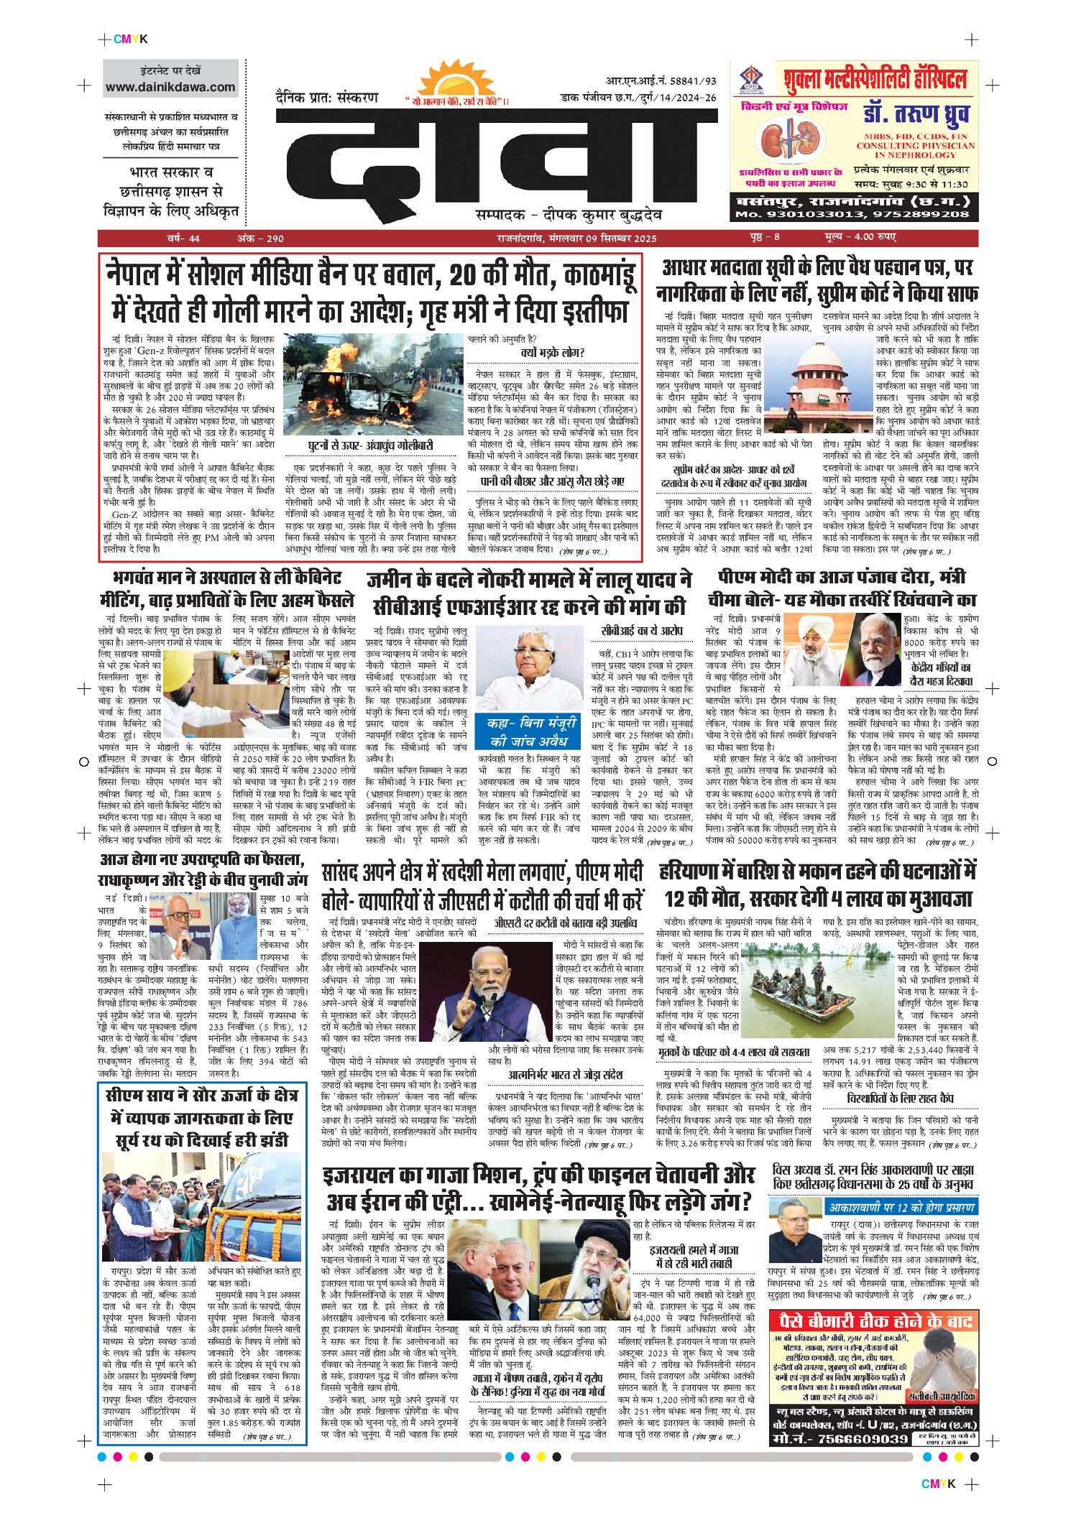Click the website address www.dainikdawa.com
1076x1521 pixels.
(170, 88)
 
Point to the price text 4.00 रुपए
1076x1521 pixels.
(860, 237)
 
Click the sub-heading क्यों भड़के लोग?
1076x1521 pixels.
(552, 353)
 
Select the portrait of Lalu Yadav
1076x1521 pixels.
(530, 667)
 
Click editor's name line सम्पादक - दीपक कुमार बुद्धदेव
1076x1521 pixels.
(568, 214)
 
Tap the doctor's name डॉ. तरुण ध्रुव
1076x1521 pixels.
(915, 116)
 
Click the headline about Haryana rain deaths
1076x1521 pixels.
(817, 885)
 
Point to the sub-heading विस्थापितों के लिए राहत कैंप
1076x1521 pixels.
(900, 1099)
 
